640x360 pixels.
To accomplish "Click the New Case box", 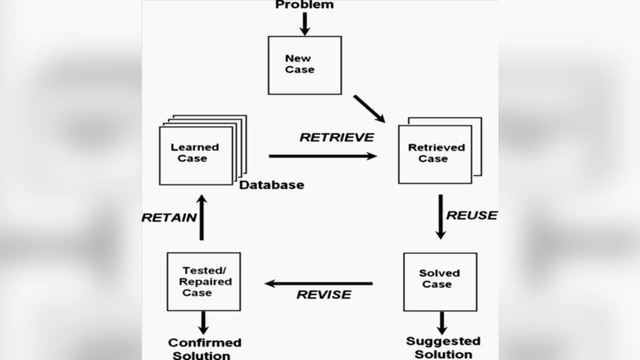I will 304,65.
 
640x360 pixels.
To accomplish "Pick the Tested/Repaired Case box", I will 203,282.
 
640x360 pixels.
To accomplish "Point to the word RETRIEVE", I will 337,137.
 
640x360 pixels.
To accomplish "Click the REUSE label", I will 471,215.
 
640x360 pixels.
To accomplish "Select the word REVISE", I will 324,294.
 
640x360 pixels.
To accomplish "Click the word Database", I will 272,186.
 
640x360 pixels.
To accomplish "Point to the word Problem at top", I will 305,6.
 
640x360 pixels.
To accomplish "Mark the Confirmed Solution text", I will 205,349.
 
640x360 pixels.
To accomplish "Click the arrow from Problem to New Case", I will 305,23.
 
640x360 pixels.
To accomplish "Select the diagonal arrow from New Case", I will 370,109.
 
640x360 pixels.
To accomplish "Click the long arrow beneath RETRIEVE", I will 323,156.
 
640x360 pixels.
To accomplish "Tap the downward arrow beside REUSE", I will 440,216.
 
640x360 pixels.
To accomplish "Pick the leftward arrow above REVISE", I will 319,283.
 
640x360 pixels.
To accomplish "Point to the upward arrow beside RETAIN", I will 202,217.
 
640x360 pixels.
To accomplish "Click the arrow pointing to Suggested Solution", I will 440,323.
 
